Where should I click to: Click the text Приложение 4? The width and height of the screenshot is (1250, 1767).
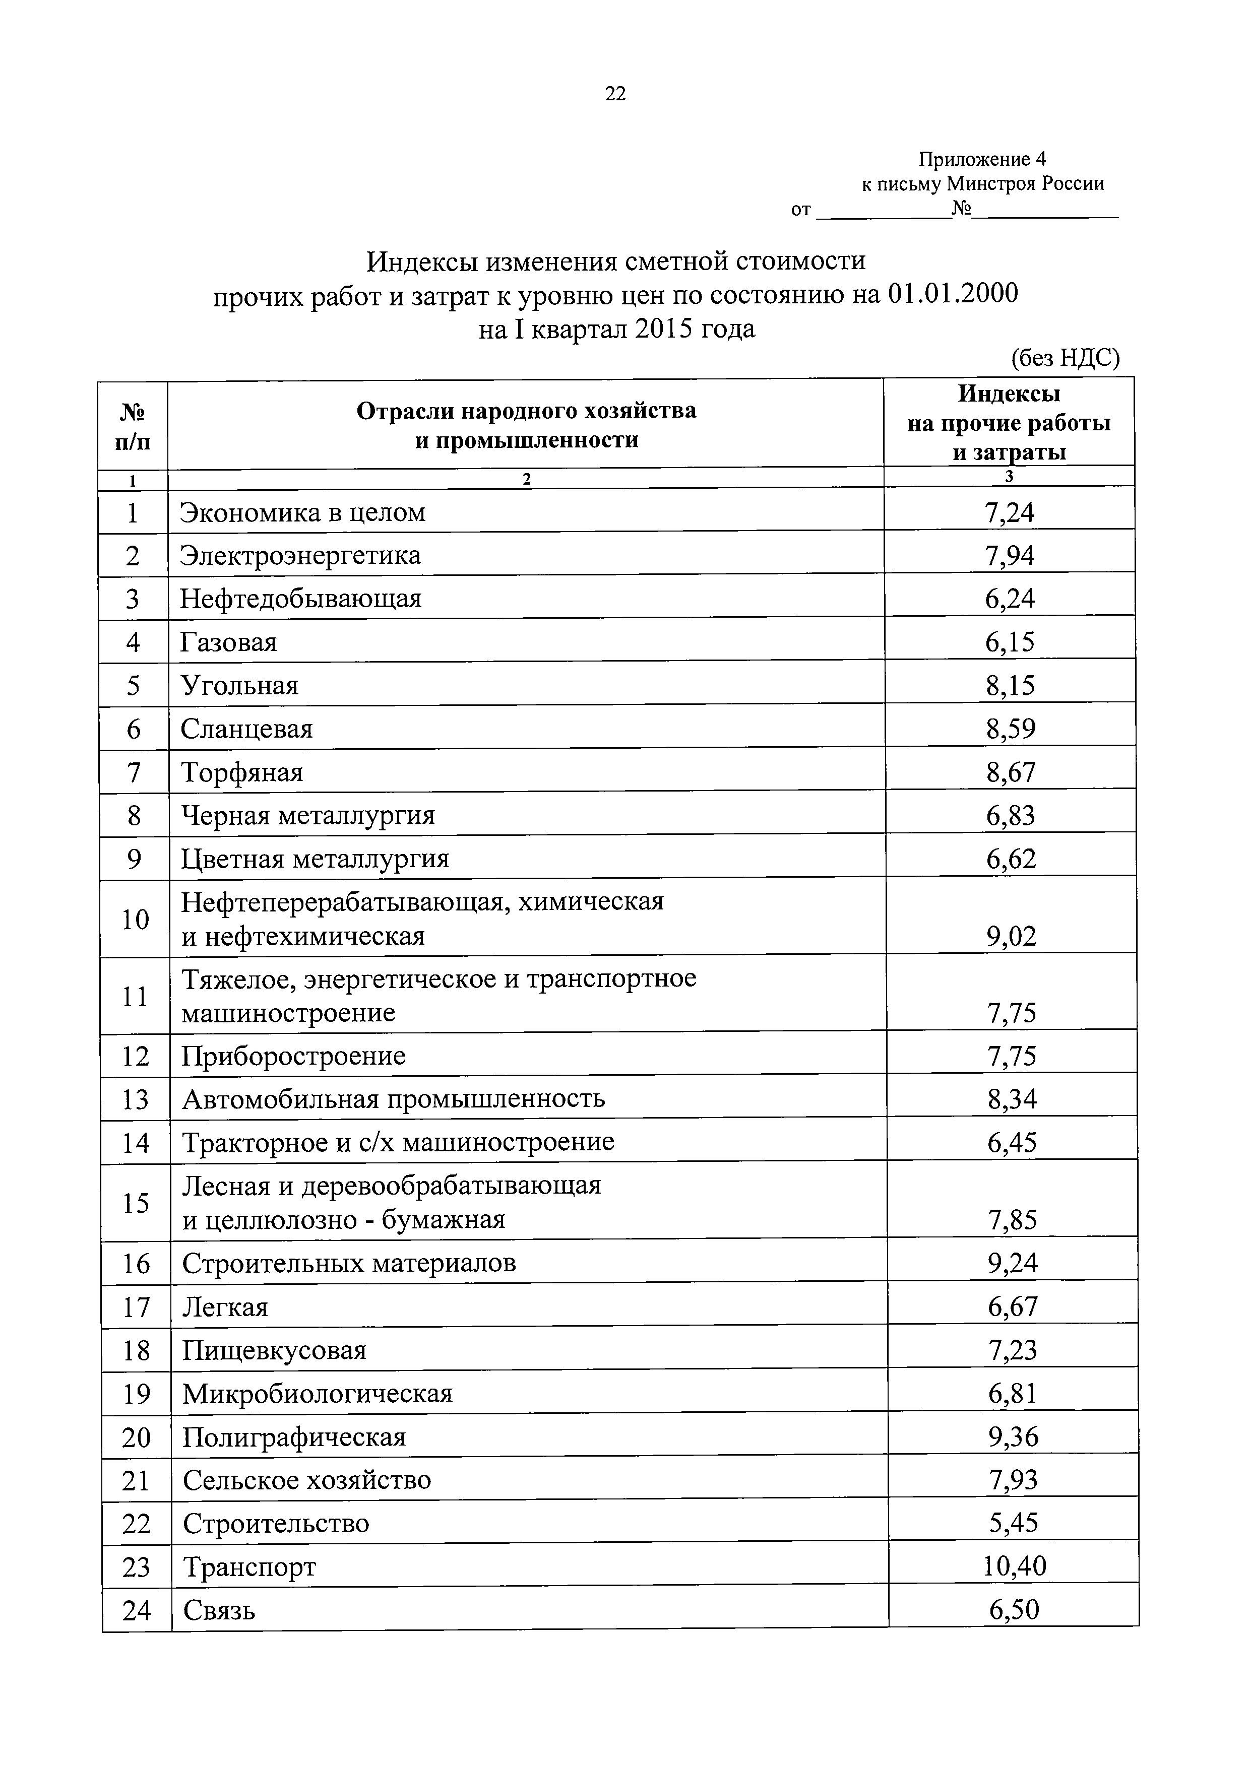point(982,159)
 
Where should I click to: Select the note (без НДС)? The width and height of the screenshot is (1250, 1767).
point(1065,359)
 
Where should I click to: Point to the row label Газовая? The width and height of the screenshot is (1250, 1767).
point(229,642)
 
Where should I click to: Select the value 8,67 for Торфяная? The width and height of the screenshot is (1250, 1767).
point(1011,772)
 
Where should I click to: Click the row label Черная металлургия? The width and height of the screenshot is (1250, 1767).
point(308,815)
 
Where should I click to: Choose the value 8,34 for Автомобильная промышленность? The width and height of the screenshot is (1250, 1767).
point(1012,1099)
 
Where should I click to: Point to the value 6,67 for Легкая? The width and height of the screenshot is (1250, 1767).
point(1013,1306)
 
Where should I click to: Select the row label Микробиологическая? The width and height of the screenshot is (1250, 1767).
point(317,1393)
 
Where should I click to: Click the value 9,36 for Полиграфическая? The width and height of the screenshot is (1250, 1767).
point(1014,1436)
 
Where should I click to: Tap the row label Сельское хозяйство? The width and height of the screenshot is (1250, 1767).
point(307,1479)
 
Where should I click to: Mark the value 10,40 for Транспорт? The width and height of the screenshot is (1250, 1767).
point(1014,1566)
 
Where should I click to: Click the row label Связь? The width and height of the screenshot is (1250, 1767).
point(219,1610)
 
